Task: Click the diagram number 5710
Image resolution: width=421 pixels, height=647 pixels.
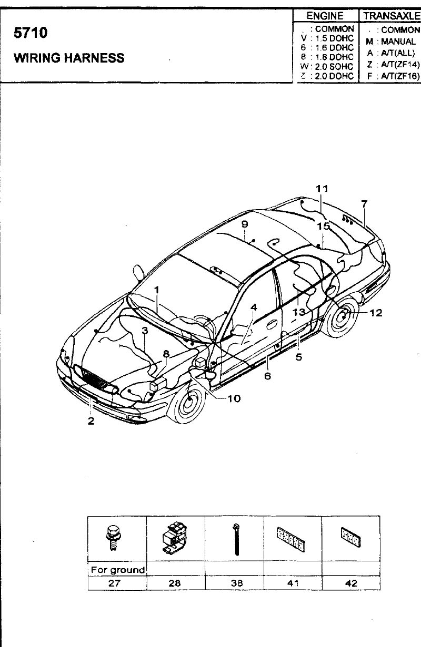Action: (x=31, y=33)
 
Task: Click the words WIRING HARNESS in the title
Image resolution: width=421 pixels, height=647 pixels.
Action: (x=69, y=58)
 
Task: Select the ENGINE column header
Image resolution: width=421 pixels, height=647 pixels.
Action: (x=325, y=16)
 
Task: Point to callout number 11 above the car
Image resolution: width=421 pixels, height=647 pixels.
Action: (x=322, y=189)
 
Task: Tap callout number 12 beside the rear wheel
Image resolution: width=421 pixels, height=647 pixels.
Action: (x=376, y=313)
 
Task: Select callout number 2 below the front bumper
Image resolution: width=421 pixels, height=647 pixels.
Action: (x=91, y=421)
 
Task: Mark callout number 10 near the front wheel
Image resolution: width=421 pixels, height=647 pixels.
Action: (x=234, y=398)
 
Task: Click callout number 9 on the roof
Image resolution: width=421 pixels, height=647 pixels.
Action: (x=245, y=224)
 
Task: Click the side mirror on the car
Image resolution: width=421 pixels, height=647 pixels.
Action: (x=138, y=272)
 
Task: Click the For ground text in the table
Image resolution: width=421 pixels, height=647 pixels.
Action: (x=118, y=570)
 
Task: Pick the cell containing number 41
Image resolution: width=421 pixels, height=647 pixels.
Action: (x=293, y=583)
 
